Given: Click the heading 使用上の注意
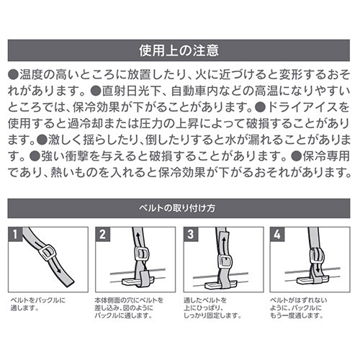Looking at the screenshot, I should click(179, 52).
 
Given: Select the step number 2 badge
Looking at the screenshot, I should click(104, 235).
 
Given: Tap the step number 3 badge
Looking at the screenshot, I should click(192, 235).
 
